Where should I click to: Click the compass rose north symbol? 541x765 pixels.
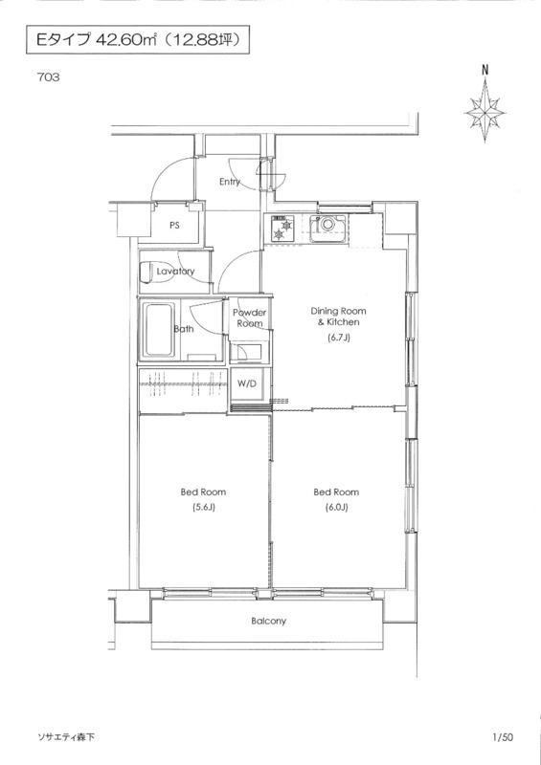tap(485, 111)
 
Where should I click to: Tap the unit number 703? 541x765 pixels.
tap(48, 77)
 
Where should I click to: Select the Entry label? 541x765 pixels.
tap(230, 182)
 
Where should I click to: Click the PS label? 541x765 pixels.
tap(174, 226)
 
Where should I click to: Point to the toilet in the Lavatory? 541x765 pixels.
tap(147, 273)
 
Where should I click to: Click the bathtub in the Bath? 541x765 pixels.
tap(159, 330)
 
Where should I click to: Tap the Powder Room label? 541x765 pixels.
tap(249, 317)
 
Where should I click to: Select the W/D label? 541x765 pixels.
tap(247, 384)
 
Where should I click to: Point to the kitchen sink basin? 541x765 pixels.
tap(327, 225)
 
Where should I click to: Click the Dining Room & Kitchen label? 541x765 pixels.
tap(338, 317)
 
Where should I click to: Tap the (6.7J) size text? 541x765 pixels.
tap(338, 338)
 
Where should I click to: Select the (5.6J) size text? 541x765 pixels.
tap(203, 508)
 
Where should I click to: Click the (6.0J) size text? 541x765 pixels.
tap(336, 508)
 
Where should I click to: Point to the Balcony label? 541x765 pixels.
tap(268, 621)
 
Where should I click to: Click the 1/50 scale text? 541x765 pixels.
tap(503, 737)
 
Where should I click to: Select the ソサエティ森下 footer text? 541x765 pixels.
tap(65, 737)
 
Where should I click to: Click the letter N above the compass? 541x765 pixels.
tap(485, 70)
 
